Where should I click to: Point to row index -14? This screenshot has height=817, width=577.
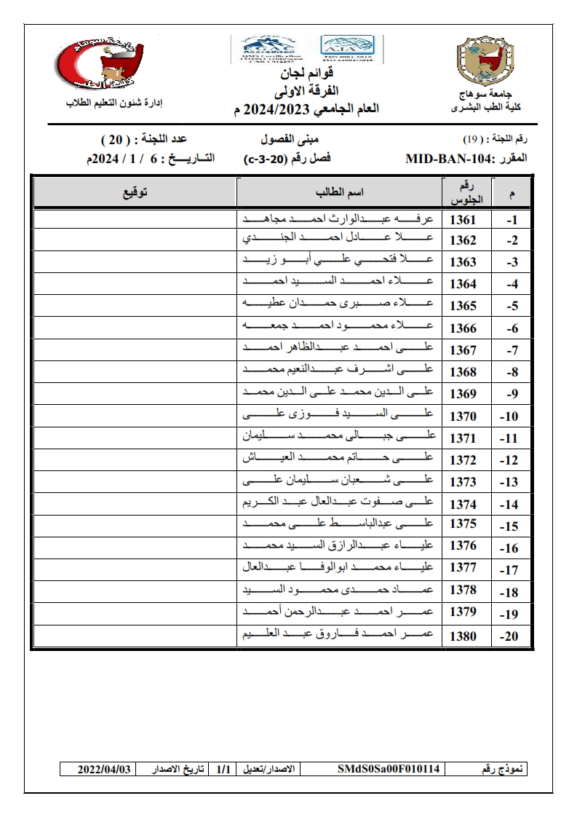509,504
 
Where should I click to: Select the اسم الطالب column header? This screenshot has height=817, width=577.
339,193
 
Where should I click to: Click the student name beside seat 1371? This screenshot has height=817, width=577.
339,437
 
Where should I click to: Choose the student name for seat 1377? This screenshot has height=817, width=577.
339,569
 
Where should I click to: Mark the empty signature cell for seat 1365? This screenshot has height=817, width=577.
135,306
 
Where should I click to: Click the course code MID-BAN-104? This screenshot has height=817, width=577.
455,158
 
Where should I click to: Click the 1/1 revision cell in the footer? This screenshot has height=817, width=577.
222,769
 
